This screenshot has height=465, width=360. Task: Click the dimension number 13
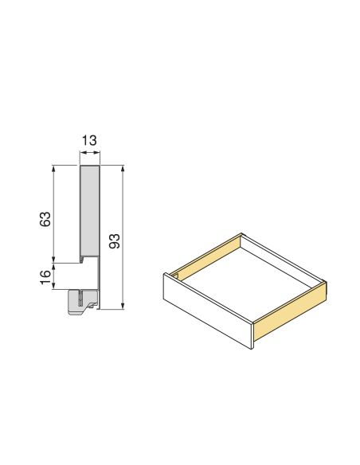(89, 141)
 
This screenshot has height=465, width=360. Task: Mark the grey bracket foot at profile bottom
(84, 302)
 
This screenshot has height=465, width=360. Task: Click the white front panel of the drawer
(207, 311)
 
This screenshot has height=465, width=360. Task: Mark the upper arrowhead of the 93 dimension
(123, 169)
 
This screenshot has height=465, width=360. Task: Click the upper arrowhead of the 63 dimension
(54, 168)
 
